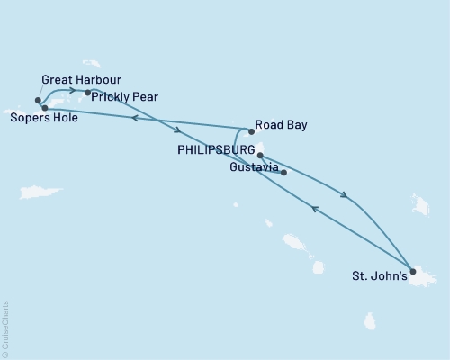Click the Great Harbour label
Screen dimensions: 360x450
[x=81, y=79]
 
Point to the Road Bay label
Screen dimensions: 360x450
[x=282, y=126]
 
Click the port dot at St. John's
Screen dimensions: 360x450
[x=412, y=271]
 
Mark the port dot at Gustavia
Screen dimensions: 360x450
[x=283, y=172]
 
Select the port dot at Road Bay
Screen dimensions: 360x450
[x=251, y=131]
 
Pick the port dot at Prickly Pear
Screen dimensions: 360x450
[x=87, y=93]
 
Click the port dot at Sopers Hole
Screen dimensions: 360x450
[x=44, y=108]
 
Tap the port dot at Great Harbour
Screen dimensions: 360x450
[x=38, y=101]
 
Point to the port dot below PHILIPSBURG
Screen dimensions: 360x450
[x=260, y=156]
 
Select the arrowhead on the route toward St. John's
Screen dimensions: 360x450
[x=345, y=194]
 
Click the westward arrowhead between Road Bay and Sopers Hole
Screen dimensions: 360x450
[x=133, y=118]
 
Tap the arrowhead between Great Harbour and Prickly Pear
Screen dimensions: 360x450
[x=69, y=90]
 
